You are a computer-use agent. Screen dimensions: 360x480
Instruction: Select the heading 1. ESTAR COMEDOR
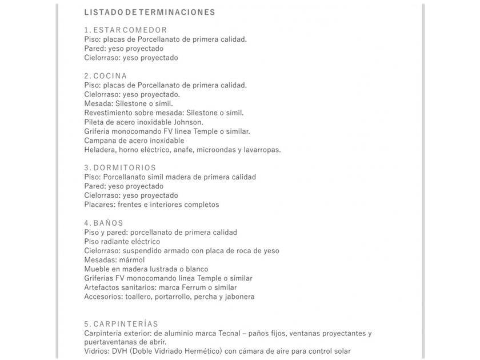tap(125, 30)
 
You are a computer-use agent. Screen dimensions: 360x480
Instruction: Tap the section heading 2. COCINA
tap(105, 76)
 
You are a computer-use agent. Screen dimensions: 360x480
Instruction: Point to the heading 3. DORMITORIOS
tap(119, 168)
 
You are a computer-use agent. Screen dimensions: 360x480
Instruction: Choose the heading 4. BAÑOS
tap(103, 223)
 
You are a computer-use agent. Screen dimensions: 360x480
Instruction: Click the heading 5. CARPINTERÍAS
tap(121, 324)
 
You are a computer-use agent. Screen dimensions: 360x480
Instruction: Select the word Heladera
tap(100, 150)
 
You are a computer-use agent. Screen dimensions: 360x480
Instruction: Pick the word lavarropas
tap(262, 150)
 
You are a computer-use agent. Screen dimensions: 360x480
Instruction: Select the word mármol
tap(132, 260)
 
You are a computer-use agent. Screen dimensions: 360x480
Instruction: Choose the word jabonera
tap(239, 297)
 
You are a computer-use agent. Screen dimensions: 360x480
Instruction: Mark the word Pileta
tap(95, 122)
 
